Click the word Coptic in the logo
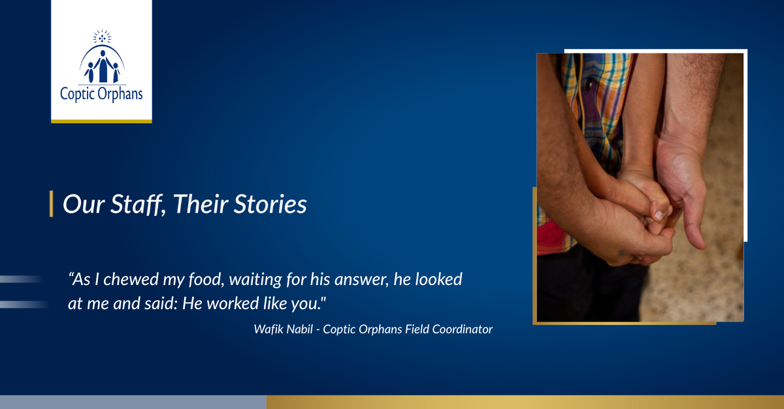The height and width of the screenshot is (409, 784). coord(77,95)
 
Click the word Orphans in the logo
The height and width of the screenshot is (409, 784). coord(120,95)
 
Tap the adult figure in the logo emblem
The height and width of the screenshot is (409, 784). coord(103,67)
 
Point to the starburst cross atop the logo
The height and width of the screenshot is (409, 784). coord(102,37)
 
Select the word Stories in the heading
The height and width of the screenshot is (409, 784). coord(270,204)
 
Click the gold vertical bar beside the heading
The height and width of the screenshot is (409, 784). coord(52,204)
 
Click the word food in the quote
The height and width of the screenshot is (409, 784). coord(206,280)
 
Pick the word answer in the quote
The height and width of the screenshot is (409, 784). coord(361,280)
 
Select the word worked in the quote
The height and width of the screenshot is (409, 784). coord(233,303)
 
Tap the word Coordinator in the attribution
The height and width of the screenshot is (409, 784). coord(462,329)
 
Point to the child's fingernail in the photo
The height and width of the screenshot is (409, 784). coord(659,215)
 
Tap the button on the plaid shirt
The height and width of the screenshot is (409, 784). coord(590,84)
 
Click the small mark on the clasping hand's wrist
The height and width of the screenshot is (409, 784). coord(621,252)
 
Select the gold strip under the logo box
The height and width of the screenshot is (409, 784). coord(101,121)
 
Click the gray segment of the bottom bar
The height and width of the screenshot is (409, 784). coord(133,402)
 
